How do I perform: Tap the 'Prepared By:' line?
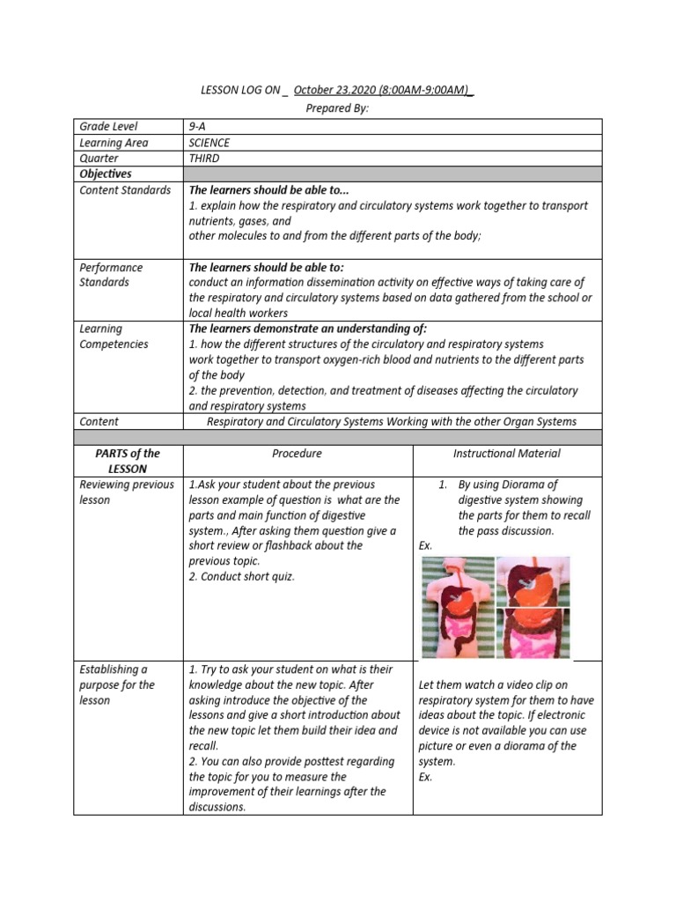337,107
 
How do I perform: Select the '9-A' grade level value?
197,127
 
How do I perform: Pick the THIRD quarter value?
204,159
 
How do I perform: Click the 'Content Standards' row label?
125,190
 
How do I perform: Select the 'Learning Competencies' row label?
114,336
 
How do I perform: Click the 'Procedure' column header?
298,454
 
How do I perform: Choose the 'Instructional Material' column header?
507,454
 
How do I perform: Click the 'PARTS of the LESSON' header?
128,461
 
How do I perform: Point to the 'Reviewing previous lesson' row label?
127,492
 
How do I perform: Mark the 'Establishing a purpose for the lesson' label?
117,684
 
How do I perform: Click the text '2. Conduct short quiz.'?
242,577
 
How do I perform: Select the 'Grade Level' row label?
108,127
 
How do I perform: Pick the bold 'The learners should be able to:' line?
267,267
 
